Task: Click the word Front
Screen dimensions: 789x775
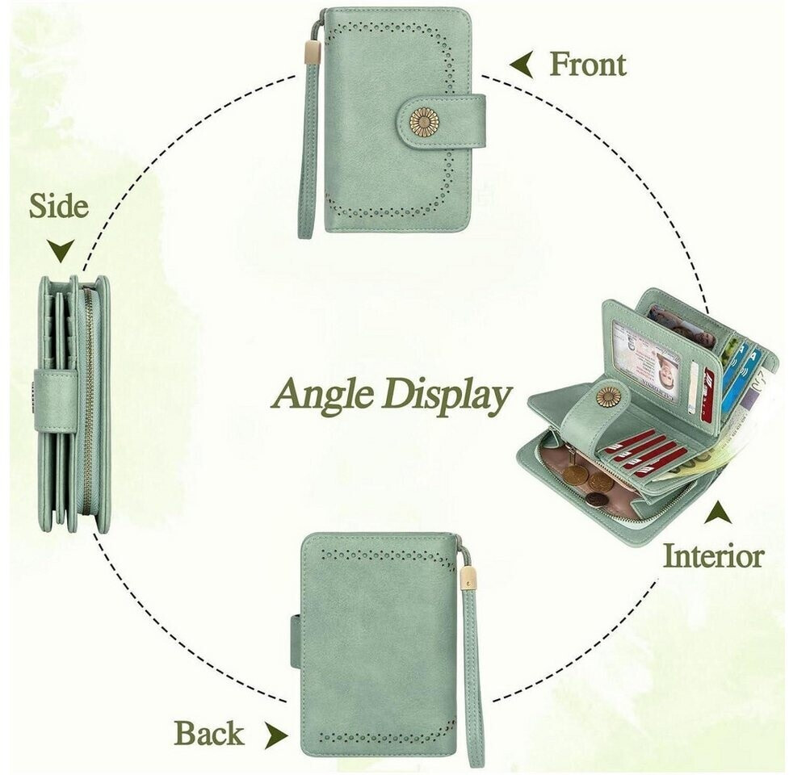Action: pos(588,65)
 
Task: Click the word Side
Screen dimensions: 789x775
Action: pos(59,206)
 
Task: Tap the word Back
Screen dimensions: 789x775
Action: pos(209,733)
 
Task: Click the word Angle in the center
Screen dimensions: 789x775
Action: pos(324,394)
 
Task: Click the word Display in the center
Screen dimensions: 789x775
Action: pos(446,395)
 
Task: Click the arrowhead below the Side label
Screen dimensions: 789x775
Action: pos(61,250)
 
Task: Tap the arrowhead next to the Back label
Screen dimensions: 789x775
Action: pos(276,735)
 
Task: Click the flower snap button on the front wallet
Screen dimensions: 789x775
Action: pos(424,122)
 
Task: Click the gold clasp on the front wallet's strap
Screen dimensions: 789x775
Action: pos(313,49)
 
